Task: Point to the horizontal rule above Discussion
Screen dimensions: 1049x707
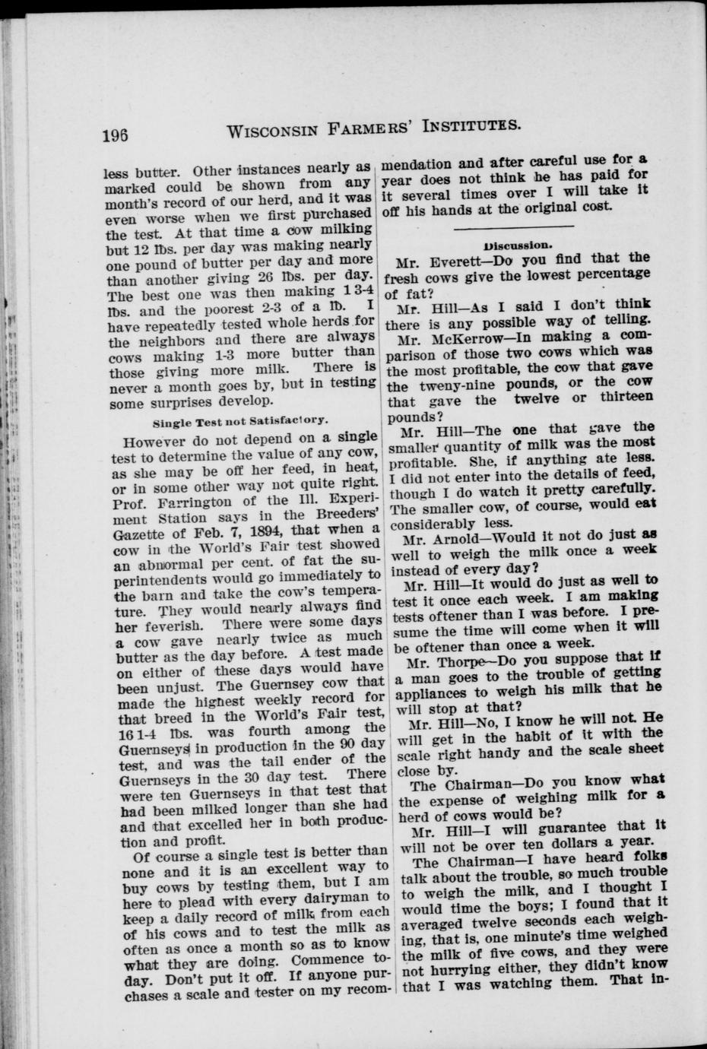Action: (x=513, y=227)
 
